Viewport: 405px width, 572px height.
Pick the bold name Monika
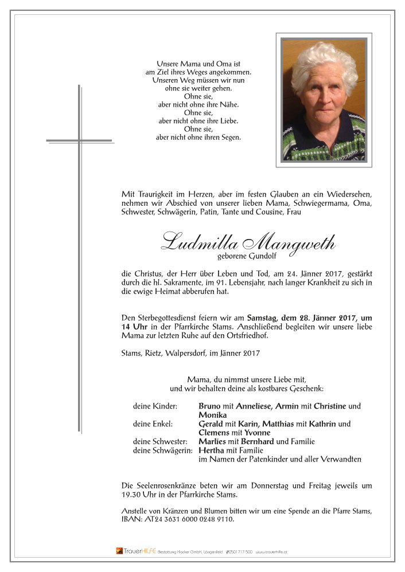click(x=213, y=415)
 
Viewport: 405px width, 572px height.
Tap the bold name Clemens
click(x=215, y=433)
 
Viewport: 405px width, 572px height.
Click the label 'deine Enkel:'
click(x=152, y=424)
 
